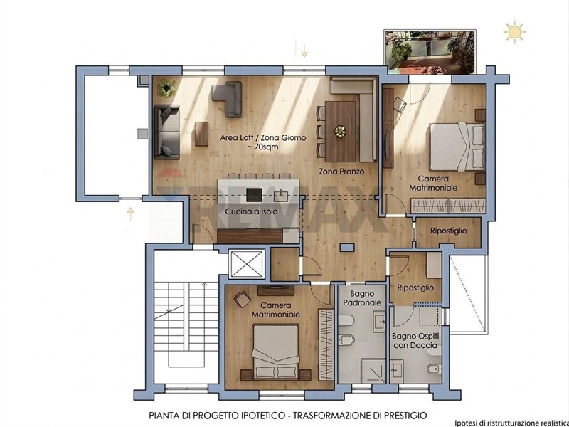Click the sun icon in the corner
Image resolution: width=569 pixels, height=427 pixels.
coord(514,32)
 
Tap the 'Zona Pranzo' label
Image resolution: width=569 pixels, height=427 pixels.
coord(341,172)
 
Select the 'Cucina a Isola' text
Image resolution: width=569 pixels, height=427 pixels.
coord(251,211)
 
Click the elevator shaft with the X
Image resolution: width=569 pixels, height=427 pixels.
coord(247,264)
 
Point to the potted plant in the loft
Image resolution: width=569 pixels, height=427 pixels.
coord(166,88)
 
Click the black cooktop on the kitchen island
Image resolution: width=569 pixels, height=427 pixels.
coord(254,195)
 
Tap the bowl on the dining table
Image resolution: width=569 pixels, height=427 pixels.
coord(341,132)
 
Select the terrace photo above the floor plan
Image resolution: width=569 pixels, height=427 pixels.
coord(430,52)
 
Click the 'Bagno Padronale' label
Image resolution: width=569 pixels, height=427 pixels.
coord(362,298)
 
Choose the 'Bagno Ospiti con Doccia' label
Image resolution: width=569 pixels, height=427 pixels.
coord(415,341)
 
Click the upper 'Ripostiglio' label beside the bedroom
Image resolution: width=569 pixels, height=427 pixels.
coord(449,231)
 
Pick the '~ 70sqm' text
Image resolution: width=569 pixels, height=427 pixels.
coord(262,147)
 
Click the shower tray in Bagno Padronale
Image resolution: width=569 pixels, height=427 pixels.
coord(373,370)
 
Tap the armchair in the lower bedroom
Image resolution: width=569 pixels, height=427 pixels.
coord(242,300)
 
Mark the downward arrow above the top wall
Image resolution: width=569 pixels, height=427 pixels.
coord(304,51)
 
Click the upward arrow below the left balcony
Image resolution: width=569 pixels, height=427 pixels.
coord(131,213)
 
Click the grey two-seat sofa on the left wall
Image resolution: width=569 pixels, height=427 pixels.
coord(166,132)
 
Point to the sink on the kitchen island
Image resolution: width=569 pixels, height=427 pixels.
coord(281,196)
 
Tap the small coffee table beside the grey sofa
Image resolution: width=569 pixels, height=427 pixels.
coord(201,134)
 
